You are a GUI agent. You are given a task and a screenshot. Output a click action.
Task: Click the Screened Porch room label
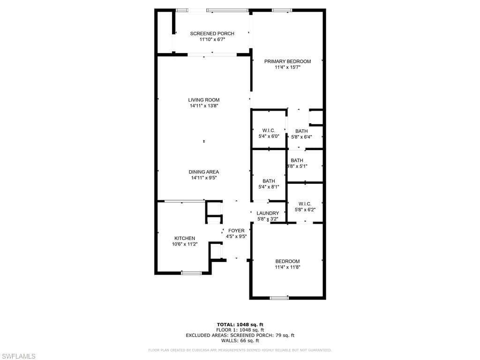(x=212, y=34)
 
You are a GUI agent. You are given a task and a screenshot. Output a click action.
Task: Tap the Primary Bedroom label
(x=287, y=61)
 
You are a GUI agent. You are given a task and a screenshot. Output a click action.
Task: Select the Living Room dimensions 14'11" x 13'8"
(x=204, y=106)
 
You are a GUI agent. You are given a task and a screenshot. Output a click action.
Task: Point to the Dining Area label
(x=204, y=172)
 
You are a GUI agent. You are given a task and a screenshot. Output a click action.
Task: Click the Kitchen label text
(x=185, y=238)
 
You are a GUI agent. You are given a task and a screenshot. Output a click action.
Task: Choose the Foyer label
(x=236, y=231)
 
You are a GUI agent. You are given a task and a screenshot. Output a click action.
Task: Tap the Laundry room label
(x=268, y=213)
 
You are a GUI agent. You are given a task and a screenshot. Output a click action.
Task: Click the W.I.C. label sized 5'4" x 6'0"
(x=269, y=130)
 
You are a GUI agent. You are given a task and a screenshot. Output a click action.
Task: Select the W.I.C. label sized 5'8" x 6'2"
(x=305, y=204)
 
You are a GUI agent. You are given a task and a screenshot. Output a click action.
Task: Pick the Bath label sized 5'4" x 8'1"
(x=269, y=181)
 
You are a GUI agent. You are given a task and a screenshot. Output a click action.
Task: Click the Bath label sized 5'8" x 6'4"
(x=301, y=131)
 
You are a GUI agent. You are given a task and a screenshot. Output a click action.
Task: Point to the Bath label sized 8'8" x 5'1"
(x=297, y=160)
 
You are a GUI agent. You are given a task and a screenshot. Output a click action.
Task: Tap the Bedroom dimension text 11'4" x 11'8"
(x=287, y=267)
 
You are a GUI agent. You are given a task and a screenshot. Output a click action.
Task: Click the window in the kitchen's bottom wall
(x=191, y=273)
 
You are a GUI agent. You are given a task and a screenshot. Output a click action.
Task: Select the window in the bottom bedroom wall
(x=279, y=298)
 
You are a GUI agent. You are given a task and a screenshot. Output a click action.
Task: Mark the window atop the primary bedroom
(x=282, y=10)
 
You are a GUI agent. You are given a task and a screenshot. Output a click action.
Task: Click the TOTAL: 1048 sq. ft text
(x=240, y=324)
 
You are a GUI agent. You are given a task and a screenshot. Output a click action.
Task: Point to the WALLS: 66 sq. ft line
(x=240, y=341)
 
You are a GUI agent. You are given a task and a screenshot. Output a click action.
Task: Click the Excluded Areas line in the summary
(x=240, y=335)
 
